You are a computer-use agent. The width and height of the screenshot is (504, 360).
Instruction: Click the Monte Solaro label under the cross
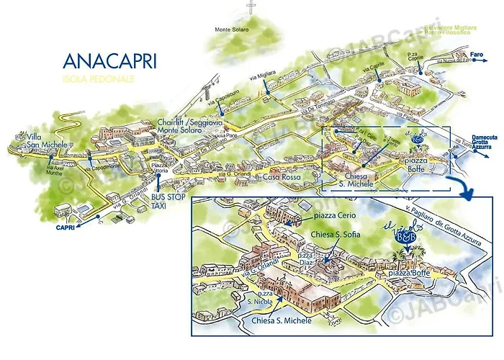[x=232, y=30]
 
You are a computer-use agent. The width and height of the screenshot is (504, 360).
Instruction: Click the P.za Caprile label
[x=423, y=57]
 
